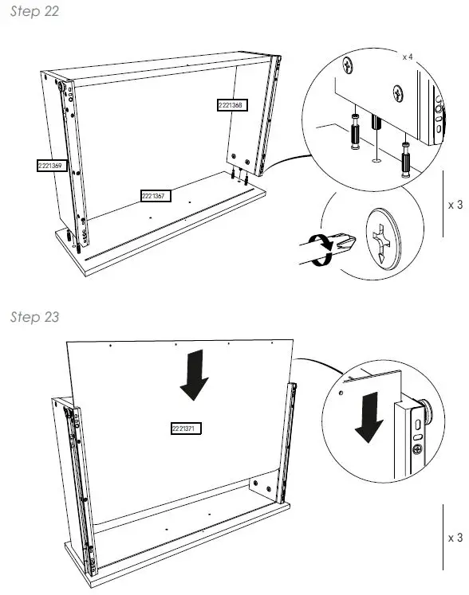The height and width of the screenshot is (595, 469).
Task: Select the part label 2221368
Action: tap(230, 104)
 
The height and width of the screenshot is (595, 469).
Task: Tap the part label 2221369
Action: tap(50, 166)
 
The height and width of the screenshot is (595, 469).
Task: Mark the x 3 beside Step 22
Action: tap(455, 205)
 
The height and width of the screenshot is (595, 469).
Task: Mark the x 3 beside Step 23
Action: tap(455, 538)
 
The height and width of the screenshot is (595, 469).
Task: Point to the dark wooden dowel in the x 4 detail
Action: tap(377, 124)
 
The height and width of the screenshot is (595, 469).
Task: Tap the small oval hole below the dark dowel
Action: tap(375, 160)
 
